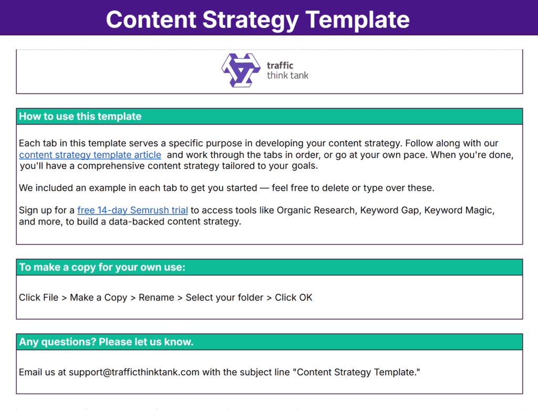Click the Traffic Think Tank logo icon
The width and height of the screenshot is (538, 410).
[241, 70]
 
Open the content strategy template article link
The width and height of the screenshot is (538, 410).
[90, 155]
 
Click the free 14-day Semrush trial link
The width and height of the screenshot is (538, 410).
[132, 210]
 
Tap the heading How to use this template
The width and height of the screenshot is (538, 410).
[80, 116]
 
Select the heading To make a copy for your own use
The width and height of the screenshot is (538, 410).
[102, 267]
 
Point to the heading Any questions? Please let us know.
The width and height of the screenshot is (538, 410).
[106, 342]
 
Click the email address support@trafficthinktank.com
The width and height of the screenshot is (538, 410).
[134, 372]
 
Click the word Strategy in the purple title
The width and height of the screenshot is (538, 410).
[250, 19]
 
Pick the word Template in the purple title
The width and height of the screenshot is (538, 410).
[357, 19]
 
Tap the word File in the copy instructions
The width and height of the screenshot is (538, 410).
[50, 298]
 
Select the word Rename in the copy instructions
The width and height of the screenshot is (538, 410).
[156, 298]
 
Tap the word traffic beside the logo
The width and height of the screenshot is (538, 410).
[280, 66]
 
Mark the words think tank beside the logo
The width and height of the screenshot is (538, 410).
[287, 75]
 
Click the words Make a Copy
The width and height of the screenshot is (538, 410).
[98, 298]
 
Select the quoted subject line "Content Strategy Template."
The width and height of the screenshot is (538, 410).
[358, 372]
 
